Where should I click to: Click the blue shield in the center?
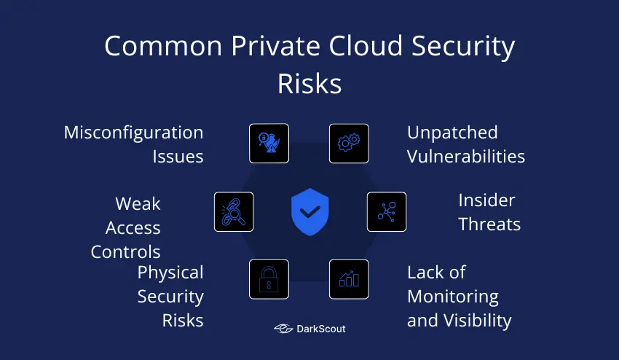tap(309, 212)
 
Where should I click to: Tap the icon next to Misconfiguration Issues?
tap(269, 144)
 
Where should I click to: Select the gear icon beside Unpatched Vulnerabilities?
tap(349, 144)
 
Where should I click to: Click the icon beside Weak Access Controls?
tap(234, 212)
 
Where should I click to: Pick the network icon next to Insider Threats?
tap(386, 212)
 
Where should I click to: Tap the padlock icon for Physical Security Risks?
tap(269, 279)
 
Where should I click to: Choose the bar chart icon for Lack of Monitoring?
tap(349, 279)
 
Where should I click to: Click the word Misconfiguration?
tap(133, 133)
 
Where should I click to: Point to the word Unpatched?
tap(452, 133)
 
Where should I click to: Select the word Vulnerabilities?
tap(466, 157)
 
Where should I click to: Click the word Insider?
tap(486, 200)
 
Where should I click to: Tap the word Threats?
tap(489, 224)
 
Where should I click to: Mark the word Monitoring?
tap(453, 297)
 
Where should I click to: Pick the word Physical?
tap(170, 273)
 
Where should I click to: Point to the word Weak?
tap(138, 204)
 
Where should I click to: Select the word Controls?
tap(125, 252)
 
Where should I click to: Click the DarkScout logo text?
tap(320, 329)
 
